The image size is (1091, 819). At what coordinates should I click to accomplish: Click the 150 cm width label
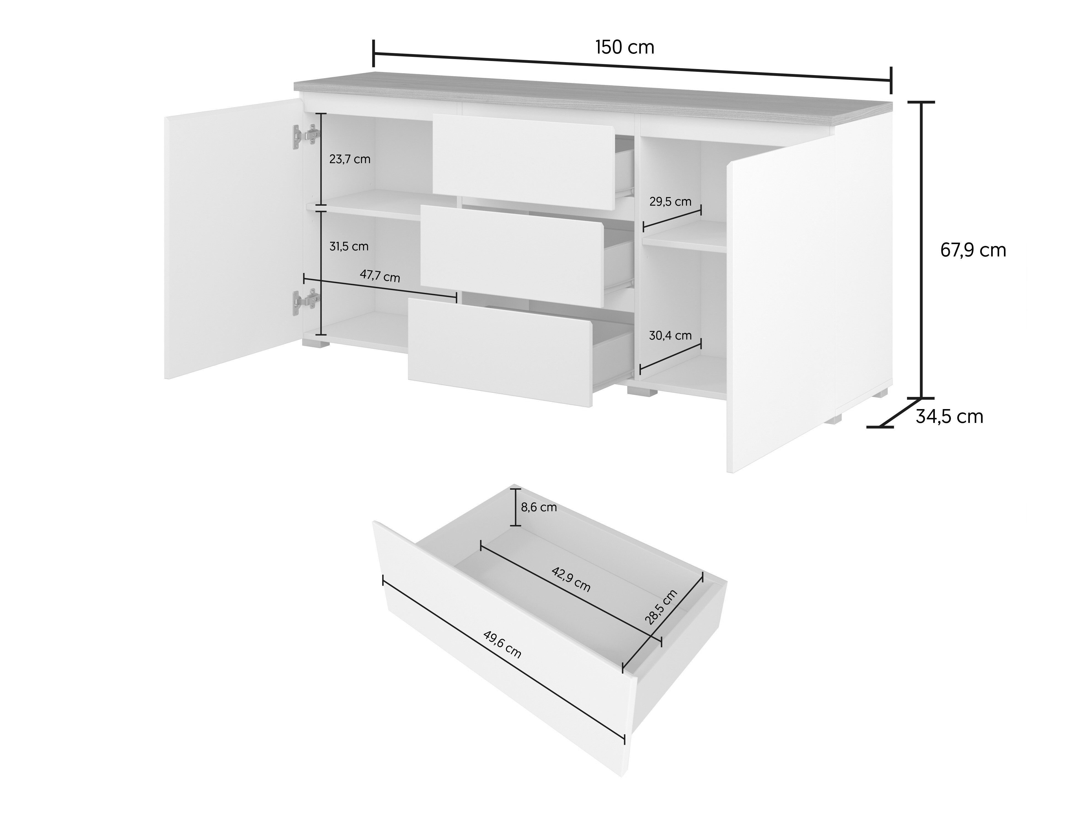pyautogui.click(x=625, y=47)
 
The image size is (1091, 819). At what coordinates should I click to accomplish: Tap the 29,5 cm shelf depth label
pyautogui.click(x=670, y=202)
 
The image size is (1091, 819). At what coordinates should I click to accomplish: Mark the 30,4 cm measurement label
pyautogui.click(x=670, y=336)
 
